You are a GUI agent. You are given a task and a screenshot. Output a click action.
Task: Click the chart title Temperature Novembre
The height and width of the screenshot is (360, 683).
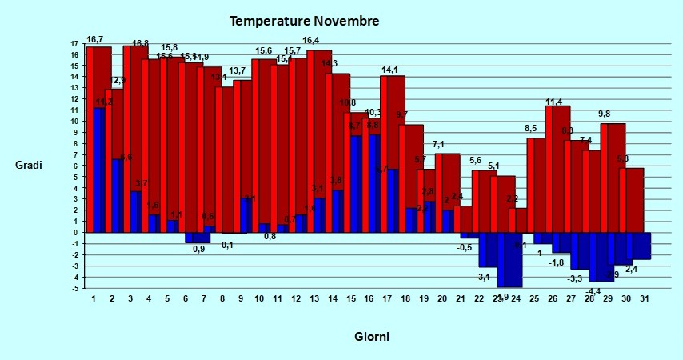[x=305, y=21]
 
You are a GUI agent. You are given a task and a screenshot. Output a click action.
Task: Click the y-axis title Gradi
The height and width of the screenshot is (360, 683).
[x=29, y=165]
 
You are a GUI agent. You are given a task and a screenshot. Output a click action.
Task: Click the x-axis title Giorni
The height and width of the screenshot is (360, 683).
[x=372, y=337]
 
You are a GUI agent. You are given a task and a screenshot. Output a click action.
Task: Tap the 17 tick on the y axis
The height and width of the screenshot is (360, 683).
[x=74, y=44]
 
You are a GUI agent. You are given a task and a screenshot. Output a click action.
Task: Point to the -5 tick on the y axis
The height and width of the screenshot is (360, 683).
[x=74, y=288]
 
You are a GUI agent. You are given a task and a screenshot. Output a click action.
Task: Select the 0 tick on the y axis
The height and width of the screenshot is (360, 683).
[x=74, y=233]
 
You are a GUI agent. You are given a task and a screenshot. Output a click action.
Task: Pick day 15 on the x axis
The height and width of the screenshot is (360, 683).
[x=351, y=299]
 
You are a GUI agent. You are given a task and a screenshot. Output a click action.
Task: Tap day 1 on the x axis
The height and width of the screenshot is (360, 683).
[x=94, y=299]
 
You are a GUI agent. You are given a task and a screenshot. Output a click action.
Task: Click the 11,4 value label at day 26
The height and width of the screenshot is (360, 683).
[x=554, y=101]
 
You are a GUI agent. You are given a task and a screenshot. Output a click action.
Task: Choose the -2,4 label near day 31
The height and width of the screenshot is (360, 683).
[x=630, y=270]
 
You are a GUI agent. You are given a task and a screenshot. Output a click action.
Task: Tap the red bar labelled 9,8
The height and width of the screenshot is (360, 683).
[x=613, y=176]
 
